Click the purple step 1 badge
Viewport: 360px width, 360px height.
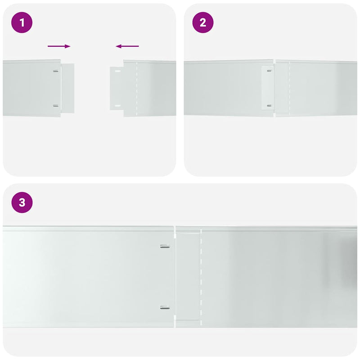tap(23, 23)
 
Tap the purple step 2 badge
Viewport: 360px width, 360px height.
tap(203, 23)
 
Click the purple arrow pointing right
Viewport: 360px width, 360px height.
tap(59, 46)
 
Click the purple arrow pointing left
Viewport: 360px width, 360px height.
tap(127, 46)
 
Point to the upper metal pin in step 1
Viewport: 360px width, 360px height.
tap(55, 71)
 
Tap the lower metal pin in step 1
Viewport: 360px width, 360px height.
tap(55, 106)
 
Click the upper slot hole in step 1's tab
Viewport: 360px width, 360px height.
tap(117, 71)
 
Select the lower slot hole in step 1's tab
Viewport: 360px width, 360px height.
tap(117, 106)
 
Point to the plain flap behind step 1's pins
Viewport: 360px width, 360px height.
tap(67, 88)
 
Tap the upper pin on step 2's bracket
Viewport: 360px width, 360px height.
tap(269, 71)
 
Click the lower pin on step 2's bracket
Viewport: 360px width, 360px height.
tap(269, 106)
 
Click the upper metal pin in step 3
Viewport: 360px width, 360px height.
tap(165, 246)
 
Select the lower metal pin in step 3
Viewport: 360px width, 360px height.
tap(165, 308)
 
